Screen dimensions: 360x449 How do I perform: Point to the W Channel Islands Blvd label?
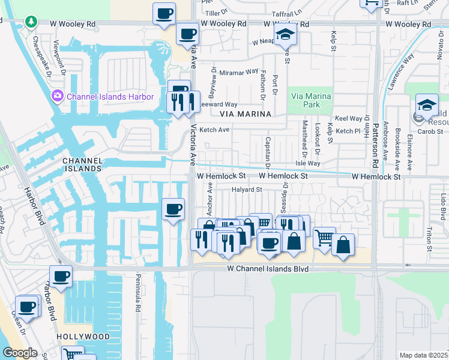pyautogui.click(x=259, y=269)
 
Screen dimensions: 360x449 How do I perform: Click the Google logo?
pyautogui.click(x=20, y=353)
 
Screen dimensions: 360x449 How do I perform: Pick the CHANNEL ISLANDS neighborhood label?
pyautogui.click(x=82, y=165)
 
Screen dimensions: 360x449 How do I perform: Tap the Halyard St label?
pyautogui.click(x=247, y=190)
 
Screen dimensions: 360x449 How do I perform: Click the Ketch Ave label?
pyautogui.click(x=214, y=130)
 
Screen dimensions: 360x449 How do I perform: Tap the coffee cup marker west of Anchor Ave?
pyautogui.click(x=173, y=209)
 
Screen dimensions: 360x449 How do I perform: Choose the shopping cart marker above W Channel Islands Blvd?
pyautogui.click(x=324, y=238)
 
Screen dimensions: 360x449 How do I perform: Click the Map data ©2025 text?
pyautogui.click(x=423, y=355)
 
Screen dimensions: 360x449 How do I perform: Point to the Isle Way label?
pyautogui.click(x=309, y=163)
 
